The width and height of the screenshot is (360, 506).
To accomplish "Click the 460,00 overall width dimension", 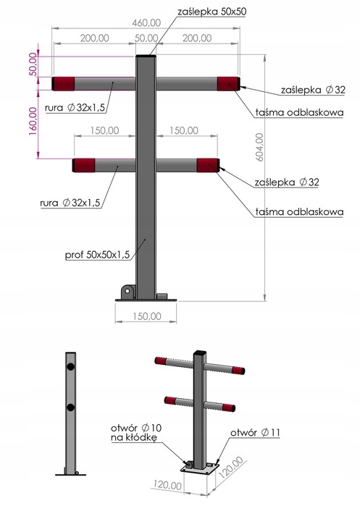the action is pos(146,23).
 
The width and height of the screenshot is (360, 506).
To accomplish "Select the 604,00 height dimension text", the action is pos(259,147).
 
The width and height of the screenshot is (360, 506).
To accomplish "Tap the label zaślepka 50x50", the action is pos(212,12).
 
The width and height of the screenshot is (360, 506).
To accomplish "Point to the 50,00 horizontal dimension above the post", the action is pos(146,38).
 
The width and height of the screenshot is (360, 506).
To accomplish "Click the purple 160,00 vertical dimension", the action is pos(33,121).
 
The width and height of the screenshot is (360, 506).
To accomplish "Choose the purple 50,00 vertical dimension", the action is pos(33,64).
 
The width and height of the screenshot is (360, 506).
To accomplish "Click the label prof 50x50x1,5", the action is pos(97,255).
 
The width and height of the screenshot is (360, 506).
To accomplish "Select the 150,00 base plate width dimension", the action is pos(146,316).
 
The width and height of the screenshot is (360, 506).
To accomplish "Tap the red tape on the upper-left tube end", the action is pos(64,83).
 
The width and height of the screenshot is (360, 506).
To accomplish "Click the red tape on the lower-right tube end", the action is pos(208,165).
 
